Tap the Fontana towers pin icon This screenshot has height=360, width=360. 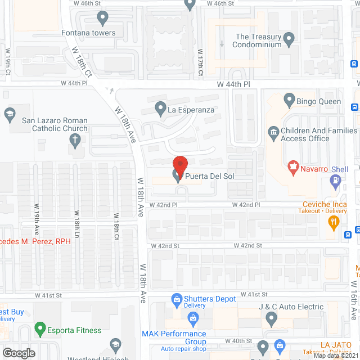point(102,19)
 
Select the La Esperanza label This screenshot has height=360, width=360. point(191,110)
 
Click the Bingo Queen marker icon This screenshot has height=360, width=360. point(290,101)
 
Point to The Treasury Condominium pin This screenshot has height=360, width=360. point(289,40)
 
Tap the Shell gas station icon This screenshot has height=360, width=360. point(336,181)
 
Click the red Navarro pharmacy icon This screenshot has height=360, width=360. point(292,168)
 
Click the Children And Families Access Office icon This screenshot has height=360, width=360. point(273,133)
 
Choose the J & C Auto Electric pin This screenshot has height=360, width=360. point(271,319)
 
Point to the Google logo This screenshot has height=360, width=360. point(18,353)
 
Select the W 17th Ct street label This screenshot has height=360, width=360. point(200,61)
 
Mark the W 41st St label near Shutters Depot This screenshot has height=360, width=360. point(250,294)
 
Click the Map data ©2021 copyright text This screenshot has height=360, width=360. point(335,355)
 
